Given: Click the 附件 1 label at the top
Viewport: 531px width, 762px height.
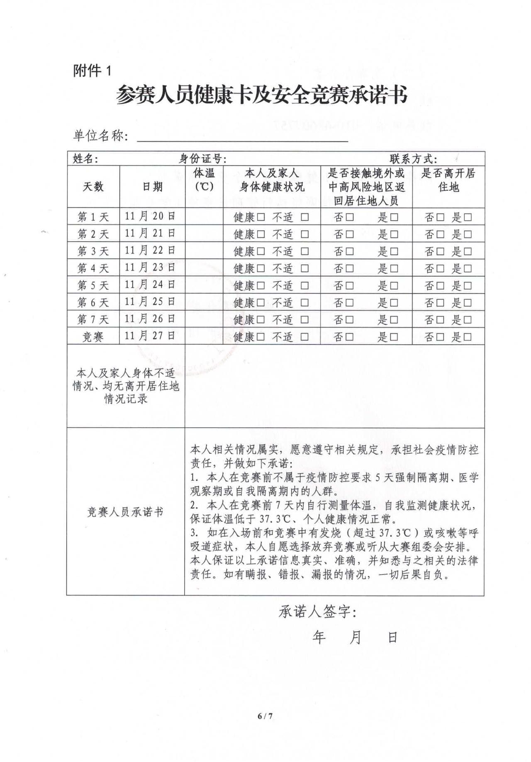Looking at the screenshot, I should tap(92, 71).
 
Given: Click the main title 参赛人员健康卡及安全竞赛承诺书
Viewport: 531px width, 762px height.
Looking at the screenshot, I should tap(261, 95).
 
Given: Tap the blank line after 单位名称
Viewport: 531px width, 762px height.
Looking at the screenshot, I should tap(242, 137).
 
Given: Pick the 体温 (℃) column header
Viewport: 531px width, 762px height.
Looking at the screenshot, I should tap(204, 180).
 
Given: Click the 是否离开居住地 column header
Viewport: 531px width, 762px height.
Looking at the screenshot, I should tap(448, 180).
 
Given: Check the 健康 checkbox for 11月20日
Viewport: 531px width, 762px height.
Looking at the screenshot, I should tap(261, 217).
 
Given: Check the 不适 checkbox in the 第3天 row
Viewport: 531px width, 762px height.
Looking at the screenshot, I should tap(305, 251).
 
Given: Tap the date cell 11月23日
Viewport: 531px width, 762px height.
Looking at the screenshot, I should tap(150, 268).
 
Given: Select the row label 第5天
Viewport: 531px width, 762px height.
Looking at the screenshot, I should tap(93, 285).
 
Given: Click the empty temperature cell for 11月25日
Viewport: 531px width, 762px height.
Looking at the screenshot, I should tap(204, 302).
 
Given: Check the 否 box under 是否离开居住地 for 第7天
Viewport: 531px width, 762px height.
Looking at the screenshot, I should tap(440, 320).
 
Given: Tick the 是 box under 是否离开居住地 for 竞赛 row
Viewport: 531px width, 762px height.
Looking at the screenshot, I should tap(468, 337).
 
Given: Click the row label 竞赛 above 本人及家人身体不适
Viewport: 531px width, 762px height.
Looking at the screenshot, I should tap(93, 337).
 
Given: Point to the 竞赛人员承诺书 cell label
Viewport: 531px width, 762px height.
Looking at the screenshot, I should tap(125, 512).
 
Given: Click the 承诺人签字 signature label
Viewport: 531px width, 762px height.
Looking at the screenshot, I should tap(317, 612).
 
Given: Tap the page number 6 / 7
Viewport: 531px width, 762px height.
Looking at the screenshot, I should tap(265, 716).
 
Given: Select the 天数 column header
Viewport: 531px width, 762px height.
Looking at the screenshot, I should tap(93, 187).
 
